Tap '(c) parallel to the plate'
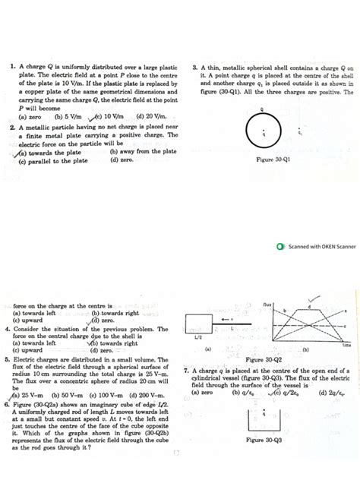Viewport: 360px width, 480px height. coord(53,160)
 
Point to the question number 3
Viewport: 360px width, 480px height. coord(195,67)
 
